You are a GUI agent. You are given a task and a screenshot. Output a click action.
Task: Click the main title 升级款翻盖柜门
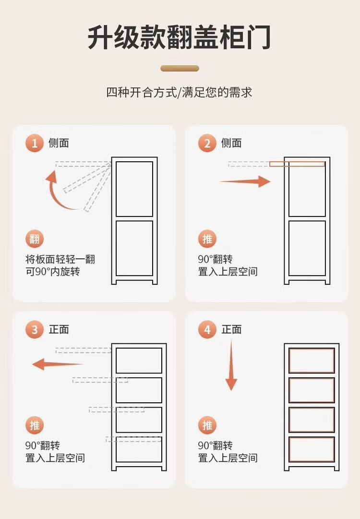(180, 37)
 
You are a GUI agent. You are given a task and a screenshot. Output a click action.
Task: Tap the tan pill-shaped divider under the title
(180, 69)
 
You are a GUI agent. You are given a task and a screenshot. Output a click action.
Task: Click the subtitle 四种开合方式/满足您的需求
(179, 92)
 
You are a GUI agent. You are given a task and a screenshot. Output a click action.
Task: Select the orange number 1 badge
(35, 144)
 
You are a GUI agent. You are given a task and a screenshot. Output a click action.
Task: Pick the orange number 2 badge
(207, 144)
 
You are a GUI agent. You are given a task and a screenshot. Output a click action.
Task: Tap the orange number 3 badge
(35, 330)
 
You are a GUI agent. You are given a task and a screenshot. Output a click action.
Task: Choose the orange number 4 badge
(207, 330)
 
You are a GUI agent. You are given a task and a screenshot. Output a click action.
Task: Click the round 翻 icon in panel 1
(35, 239)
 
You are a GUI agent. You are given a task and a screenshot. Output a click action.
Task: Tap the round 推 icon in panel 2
(207, 239)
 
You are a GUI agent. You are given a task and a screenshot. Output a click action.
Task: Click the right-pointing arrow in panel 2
(245, 181)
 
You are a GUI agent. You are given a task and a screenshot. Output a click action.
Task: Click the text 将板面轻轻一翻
(60, 259)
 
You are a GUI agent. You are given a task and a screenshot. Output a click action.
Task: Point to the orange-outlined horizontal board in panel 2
(297, 164)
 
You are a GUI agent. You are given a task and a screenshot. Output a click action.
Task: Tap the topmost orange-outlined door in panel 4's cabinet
(312, 361)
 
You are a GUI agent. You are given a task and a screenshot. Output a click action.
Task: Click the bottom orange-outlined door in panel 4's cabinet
(312, 449)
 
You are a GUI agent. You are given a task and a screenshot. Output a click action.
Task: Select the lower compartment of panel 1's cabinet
(134, 248)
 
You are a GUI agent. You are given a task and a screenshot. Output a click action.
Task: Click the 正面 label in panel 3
(59, 330)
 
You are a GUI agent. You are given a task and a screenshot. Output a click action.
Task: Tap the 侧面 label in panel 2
(231, 144)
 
